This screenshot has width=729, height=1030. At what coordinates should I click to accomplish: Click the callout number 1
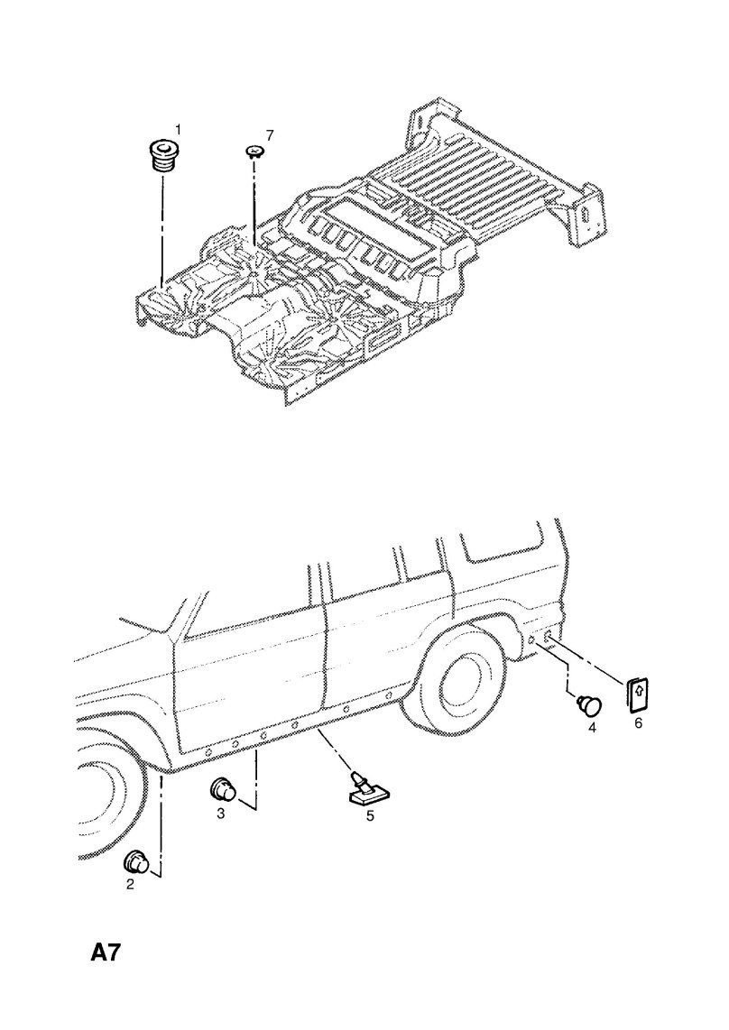tap(177, 129)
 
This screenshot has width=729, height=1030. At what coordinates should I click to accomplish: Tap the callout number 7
tap(269, 134)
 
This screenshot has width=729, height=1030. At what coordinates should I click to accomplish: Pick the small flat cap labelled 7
tap(254, 152)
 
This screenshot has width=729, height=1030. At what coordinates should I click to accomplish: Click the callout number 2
tap(130, 884)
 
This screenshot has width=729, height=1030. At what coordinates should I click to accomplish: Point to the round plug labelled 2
tap(137, 860)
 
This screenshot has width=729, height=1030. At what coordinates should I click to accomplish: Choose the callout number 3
tap(221, 814)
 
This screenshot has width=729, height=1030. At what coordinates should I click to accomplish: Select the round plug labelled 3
tap(224, 788)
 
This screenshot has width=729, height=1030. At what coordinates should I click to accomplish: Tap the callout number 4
tap(592, 727)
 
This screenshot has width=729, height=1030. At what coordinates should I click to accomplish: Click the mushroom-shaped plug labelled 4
tap(589, 705)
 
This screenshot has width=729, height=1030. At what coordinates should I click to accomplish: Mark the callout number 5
tap(370, 816)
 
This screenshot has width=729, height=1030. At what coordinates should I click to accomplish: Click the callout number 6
tap(637, 724)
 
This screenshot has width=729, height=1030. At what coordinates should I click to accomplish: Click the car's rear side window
tap(503, 548)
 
